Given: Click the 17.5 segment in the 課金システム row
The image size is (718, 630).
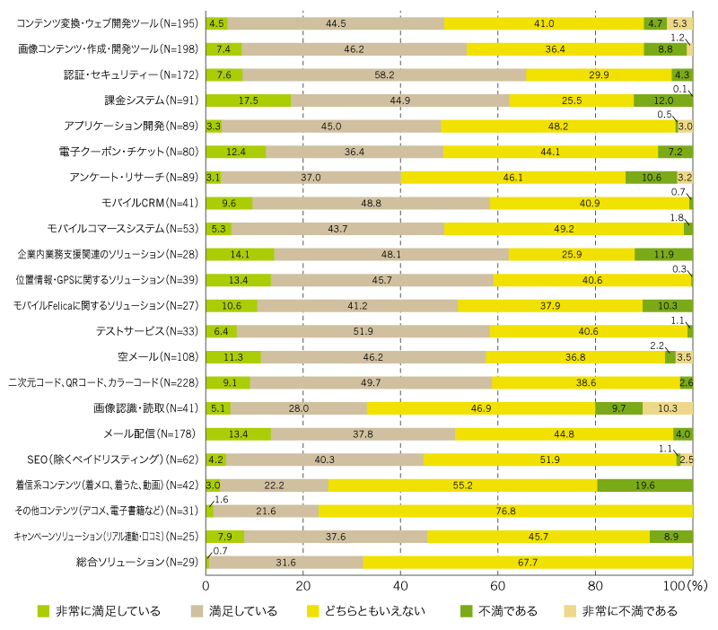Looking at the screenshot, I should [249, 101].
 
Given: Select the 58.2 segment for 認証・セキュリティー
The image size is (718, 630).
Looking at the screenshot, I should [384, 74].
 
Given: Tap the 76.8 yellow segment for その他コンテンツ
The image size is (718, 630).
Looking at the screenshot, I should [505, 511].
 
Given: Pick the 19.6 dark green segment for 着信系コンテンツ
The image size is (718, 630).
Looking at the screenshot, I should [644, 486].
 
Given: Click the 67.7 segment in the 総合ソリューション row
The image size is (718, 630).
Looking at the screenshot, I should [528, 563].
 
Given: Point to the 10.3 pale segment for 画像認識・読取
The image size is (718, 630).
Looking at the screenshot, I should [667, 408].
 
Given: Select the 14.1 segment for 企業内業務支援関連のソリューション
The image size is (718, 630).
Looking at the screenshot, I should [241, 254].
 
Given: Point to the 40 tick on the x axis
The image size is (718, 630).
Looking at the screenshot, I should [401, 585].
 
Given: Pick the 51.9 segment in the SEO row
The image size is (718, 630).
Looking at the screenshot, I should [549, 459].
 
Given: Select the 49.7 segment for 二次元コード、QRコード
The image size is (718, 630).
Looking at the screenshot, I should [371, 382].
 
